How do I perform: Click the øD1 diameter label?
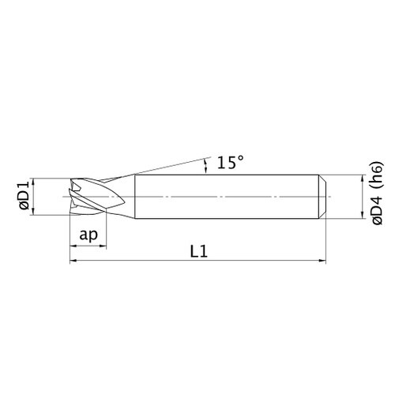[24, 196]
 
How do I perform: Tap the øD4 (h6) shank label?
[378, 193]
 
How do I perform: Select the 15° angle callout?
[231, 162]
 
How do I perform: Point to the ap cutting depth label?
[88, 234]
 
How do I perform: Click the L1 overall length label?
[199, 251]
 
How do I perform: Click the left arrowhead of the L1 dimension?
[73, 261]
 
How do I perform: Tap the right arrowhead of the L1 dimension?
[322, 261]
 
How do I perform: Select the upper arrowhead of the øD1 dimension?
[33, 182]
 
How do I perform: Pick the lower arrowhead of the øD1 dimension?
[33, 212]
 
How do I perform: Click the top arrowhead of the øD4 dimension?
[363, 179]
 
